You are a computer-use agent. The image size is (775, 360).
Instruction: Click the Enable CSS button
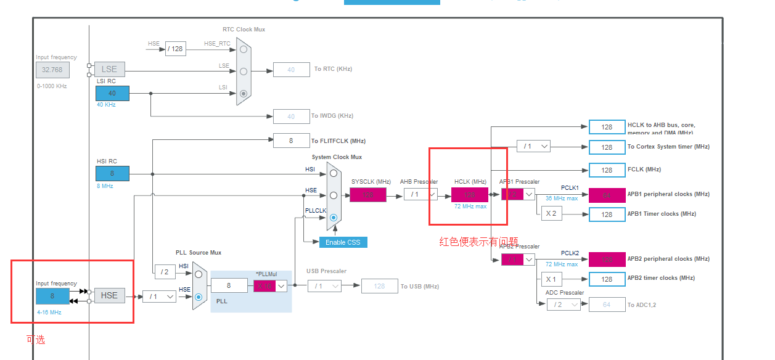[x=343, y=242]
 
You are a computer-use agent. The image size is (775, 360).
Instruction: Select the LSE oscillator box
[x=109, y=69]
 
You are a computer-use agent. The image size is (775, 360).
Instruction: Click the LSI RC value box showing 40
[x=112, y=93]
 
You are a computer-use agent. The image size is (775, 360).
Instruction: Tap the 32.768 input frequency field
[x=52, y=70]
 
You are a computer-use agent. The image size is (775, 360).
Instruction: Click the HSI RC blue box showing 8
[x=112, y=173]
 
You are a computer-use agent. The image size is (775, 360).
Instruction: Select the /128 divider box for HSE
[x=176, y=49]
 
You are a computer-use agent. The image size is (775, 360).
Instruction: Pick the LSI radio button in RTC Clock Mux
[x=244, y=94]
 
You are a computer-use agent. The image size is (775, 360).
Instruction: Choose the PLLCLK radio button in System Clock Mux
[x=334, y=218]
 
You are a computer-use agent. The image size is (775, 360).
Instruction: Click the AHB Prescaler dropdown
[x=420, y=195]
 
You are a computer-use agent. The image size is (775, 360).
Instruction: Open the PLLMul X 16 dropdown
[x=271, y=285]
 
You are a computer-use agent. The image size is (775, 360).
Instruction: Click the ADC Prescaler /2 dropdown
[x=564, y=304]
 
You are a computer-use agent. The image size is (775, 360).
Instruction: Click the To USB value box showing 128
[x=379, y=286]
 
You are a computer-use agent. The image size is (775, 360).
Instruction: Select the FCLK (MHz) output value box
[x=607, y=170]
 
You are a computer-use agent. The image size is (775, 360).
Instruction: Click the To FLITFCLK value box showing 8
[x=291, y=141]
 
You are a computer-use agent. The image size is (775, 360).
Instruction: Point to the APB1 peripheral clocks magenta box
[x=607, y=195]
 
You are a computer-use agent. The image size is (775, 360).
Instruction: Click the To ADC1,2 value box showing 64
[x=607, y=304]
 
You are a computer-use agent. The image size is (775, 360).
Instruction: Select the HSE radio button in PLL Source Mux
[x=199, y=297]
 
